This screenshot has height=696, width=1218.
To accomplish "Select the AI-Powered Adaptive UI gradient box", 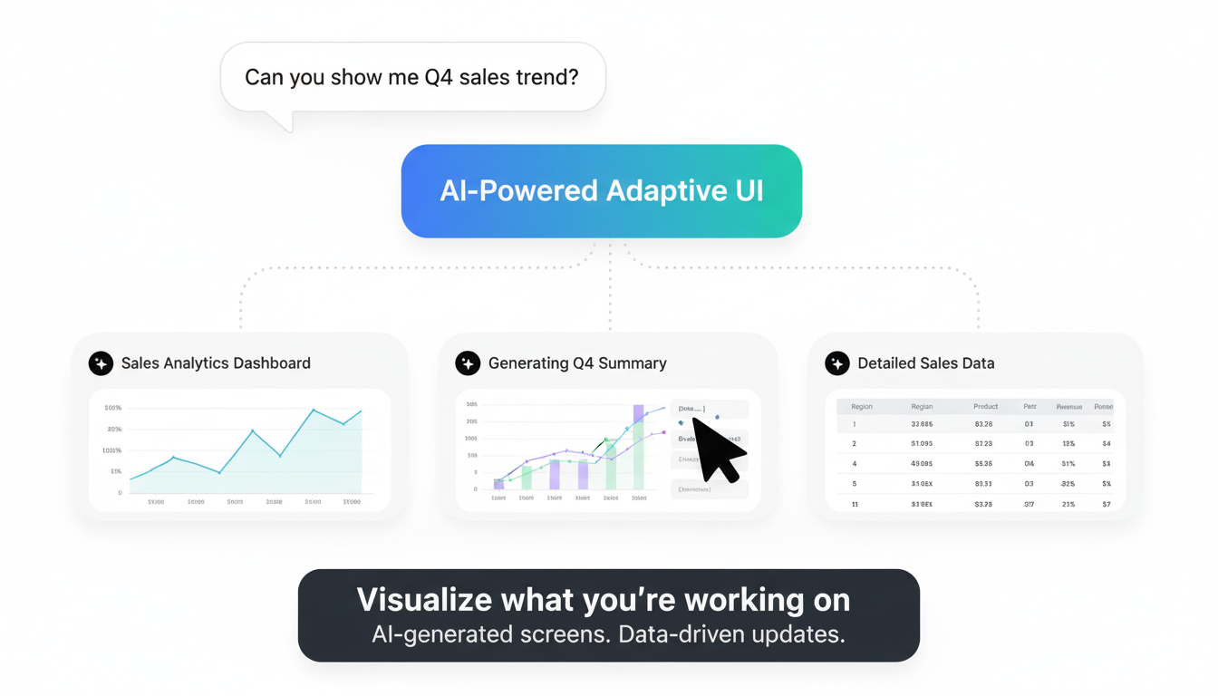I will point(601,191).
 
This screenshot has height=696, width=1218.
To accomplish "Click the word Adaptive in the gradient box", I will point(656,191).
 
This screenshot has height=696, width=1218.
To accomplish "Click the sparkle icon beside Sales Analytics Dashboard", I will point(101,363).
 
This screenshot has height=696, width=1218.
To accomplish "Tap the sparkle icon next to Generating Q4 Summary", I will point(468,363).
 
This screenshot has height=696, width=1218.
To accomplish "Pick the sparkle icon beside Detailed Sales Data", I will point(837,363).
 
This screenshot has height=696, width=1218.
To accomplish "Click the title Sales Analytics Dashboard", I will point(216,363).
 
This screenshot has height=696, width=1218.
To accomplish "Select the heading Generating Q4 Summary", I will point(577,363).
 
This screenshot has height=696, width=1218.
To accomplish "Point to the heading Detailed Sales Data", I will point(925,363).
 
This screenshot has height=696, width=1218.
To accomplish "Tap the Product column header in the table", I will point(985,407).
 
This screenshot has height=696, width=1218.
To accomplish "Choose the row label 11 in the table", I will point(855,504).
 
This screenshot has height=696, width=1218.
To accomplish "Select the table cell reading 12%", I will point(1068,444).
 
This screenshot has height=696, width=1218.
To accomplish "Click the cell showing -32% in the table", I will point(1068,484).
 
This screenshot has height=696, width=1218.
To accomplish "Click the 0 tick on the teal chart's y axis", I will point(120,493).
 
